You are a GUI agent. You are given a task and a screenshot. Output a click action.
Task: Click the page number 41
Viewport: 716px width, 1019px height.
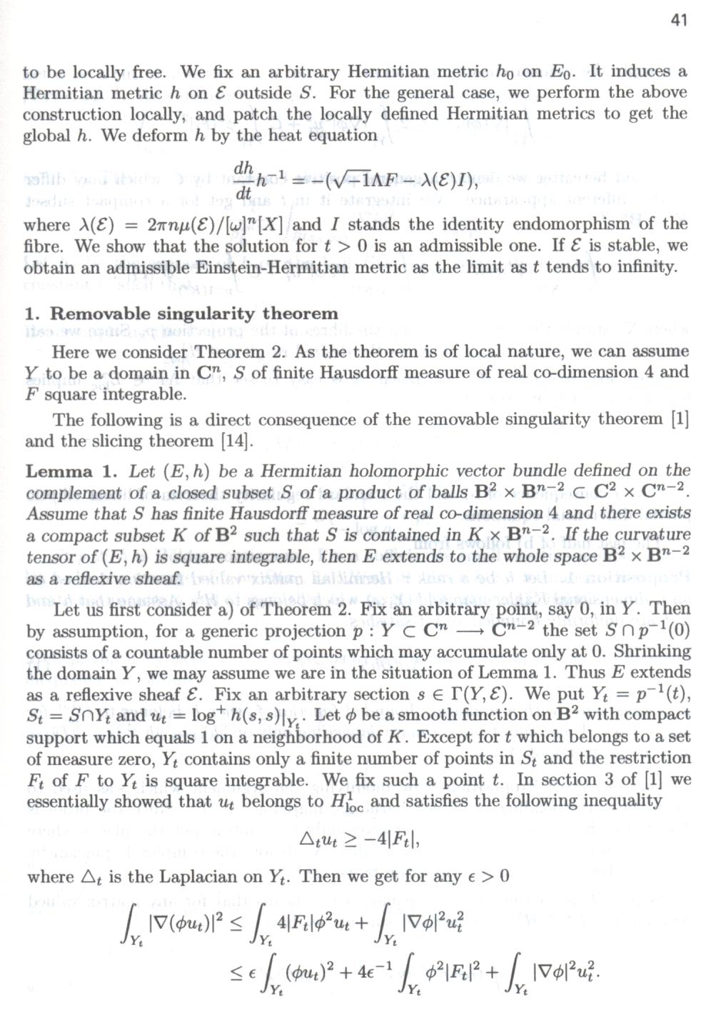tap(679, 20)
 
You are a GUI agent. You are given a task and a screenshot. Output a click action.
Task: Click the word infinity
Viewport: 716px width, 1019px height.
tap(646, 267)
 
